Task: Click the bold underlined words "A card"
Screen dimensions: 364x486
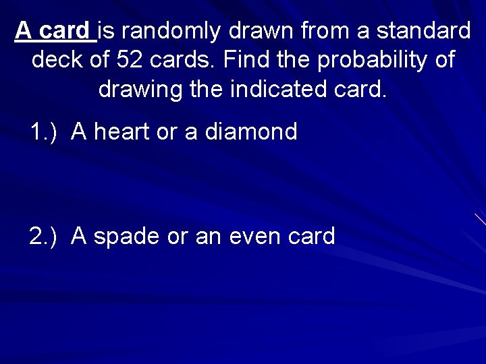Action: coord(53,30)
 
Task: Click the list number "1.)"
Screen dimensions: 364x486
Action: coord(45,132)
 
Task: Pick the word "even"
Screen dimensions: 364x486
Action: coord(255,237)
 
